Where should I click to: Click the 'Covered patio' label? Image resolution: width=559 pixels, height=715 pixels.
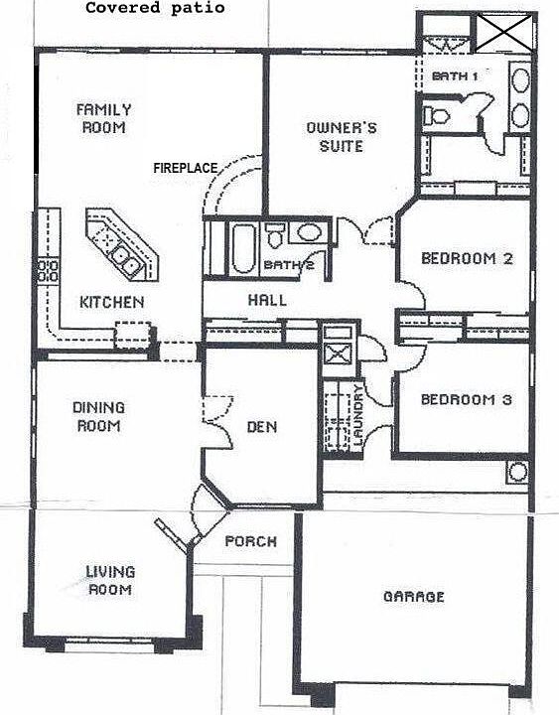click(x=154, y=8)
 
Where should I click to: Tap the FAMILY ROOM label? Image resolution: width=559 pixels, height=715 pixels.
click(x=104, y=119)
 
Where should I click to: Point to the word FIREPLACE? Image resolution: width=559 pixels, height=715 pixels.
click(x=185, y=168)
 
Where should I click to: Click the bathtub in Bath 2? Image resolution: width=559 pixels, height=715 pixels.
click(x=242, y=247)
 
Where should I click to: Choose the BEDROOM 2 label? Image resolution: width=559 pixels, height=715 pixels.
click(x=467, y=259)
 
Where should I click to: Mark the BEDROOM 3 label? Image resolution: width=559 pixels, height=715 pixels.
click(x=466, y=400)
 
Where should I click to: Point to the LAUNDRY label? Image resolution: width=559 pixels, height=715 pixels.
click(x=359, y=415)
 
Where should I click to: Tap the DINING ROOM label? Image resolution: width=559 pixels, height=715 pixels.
click(x=97, y=416)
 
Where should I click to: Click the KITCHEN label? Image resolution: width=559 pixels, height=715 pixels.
click(x=112, y=302)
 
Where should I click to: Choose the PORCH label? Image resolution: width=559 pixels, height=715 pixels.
click(x=250, y=542)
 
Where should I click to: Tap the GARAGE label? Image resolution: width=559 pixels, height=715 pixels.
click(x=413, y=597)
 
